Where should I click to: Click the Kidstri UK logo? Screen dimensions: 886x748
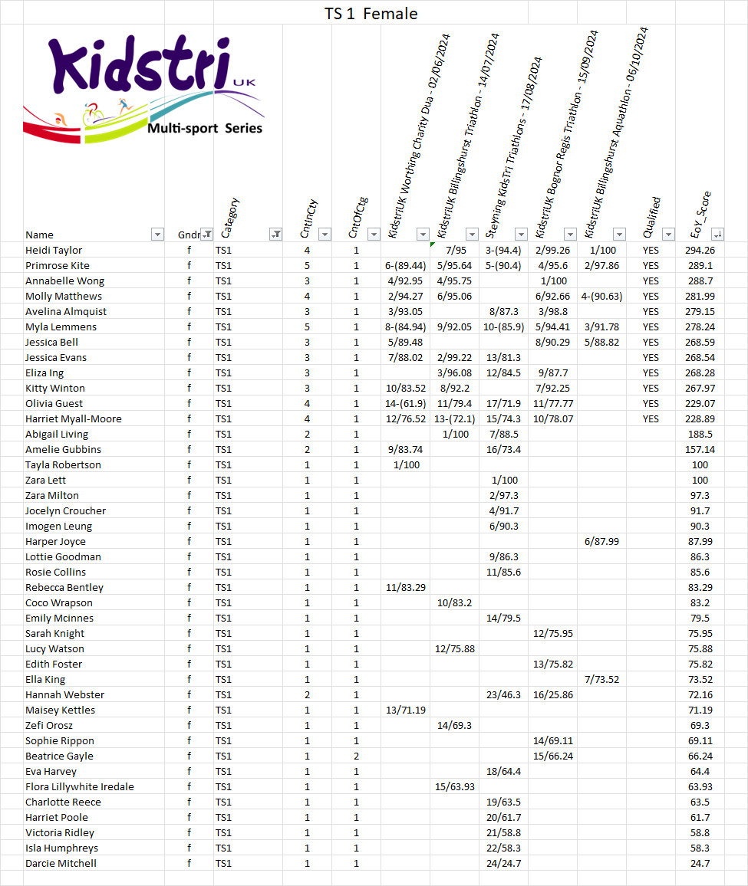[143, 88]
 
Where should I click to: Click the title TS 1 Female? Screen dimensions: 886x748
[371, 13]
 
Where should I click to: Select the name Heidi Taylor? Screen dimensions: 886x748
[54, 250]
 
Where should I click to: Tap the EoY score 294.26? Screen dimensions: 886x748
[700, 250]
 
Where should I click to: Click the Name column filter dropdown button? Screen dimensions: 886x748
[157, 235]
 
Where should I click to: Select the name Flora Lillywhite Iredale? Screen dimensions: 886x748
[80, 786]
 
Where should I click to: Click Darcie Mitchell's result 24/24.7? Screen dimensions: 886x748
[503, 863]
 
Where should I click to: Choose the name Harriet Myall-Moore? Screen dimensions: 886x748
[74, 418]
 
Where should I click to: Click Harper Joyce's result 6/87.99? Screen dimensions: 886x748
[601, 541]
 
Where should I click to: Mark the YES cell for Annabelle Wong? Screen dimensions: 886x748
[651, 281]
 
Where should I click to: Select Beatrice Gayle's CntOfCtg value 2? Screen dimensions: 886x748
[356, 756]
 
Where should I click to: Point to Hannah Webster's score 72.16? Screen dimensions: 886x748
[700, 694]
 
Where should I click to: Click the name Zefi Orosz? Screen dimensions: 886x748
[49, 725]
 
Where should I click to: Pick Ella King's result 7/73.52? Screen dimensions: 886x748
[601, 679]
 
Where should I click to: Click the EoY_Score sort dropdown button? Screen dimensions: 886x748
[717, 235]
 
